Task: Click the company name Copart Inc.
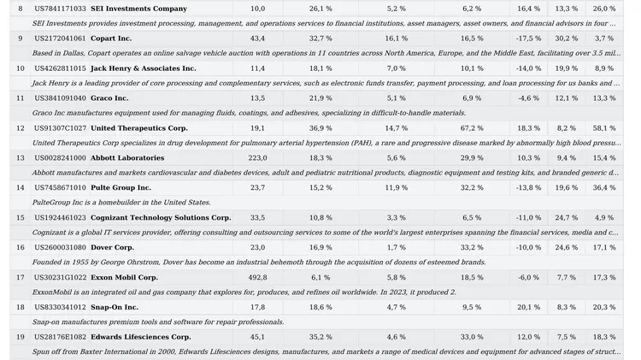[111, 38]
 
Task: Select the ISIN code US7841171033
[60, 9]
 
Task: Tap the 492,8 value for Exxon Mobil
[257, 277]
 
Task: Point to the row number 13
[20, 158]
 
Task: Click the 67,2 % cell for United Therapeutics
[472, 128]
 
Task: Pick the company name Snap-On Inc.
[115, 307]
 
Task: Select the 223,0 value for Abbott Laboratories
[257, 158]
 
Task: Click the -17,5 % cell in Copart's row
[529, 38]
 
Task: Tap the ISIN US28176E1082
[60, 337]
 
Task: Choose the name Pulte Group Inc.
[121, 188]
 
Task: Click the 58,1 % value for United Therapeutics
[604, 128]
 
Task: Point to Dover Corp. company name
[112, 248]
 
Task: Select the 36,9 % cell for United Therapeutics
[320, 128]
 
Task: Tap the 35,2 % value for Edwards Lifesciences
[320, 337]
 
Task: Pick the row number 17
[20, 277]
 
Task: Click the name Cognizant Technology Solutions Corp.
[161, 218]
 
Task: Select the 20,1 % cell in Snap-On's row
[529, 307]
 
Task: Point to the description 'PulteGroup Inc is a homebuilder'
[121, 203]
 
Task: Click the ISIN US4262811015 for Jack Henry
[60, 68]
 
